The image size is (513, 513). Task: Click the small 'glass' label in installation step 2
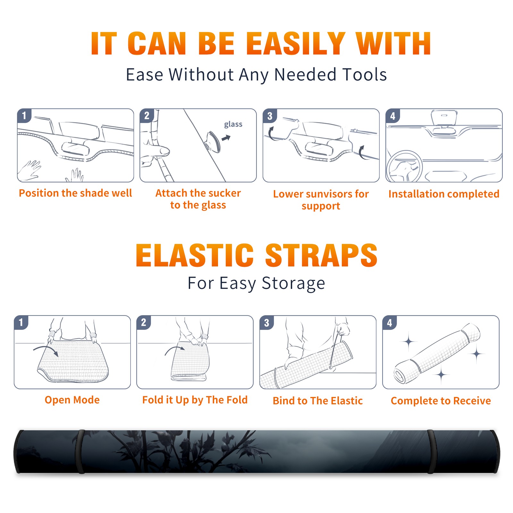click(x=233, y=124)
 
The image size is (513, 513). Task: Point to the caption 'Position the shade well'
click(x=75, y=193)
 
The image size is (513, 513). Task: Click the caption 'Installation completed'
click(x=444, y=194)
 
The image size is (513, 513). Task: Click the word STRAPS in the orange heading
click(x=321, y=255)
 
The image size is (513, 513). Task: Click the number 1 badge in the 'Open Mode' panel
click(x=21, y=322)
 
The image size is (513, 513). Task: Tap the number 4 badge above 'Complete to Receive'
click(x=390, y=323)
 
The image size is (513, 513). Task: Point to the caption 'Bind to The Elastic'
click(x=317, y=401)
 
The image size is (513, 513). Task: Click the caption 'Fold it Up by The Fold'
click(x=195, y=400)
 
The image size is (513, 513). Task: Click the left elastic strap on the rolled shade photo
click(x=80, y=451)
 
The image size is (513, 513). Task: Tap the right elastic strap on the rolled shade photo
click(x=431, y=451)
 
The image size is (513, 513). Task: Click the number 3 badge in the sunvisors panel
click(x=270, y=116)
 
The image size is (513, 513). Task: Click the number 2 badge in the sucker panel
click(x=147, y=115)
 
